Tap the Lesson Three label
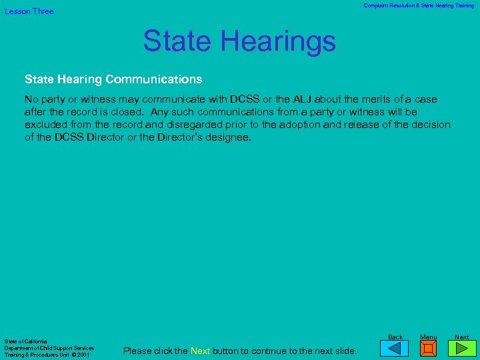point(29,11)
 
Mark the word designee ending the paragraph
point(227,137)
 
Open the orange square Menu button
point(428,349)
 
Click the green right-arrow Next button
point(461,349)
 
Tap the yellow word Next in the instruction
point(200,351)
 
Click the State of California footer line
point(25,342)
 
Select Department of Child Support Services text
point(49,348)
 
